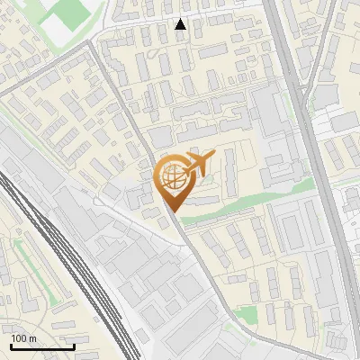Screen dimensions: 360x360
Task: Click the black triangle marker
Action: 181,24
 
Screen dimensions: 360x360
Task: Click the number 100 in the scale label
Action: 19,338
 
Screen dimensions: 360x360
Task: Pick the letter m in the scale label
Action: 32,338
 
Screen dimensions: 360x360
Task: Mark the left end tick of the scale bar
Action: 11,346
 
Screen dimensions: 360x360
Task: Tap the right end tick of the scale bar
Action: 74,346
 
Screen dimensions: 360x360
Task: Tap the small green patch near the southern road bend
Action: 247,314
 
